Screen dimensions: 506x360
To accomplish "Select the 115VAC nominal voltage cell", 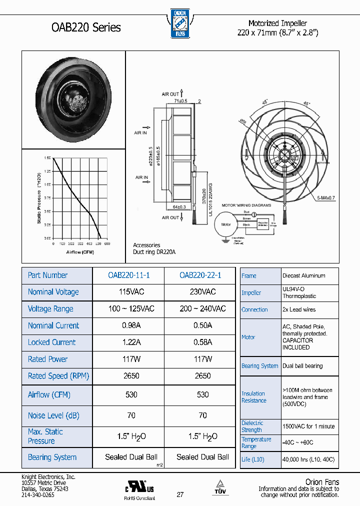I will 128,292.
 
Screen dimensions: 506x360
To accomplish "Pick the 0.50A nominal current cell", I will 202,325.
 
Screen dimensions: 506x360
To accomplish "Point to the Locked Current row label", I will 52,342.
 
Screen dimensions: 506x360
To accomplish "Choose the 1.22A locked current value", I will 128,342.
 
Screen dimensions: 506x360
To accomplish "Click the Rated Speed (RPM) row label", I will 58,376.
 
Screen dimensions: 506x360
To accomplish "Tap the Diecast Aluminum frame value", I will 304,275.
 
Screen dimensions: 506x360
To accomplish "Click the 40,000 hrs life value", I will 308,459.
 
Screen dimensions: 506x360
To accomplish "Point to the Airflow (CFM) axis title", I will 80,252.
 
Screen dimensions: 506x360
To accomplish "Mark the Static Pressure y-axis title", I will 39,197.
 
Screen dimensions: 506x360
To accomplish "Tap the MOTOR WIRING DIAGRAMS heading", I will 246,205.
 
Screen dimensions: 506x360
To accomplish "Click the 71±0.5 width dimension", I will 180,101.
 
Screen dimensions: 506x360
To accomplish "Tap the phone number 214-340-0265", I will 38,494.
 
